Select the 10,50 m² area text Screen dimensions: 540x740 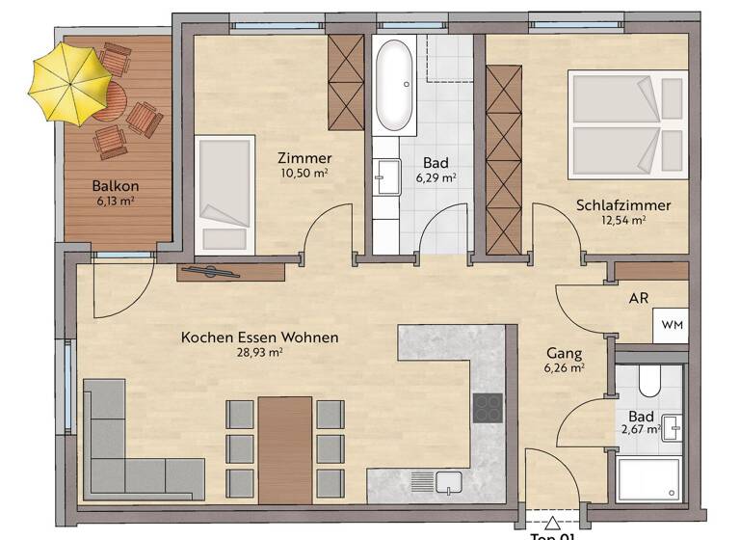coord(304,175)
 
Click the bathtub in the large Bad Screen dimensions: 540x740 coord(395,87)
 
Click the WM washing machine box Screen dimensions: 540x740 coord(672,326)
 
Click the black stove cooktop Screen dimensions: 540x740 coord(488,407)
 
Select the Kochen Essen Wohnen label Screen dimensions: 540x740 coord(260,338)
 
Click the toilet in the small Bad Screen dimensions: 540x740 coord(649,384)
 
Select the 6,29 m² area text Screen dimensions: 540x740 coord(436,177)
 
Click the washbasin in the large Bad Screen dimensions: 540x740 coord(388,174)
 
